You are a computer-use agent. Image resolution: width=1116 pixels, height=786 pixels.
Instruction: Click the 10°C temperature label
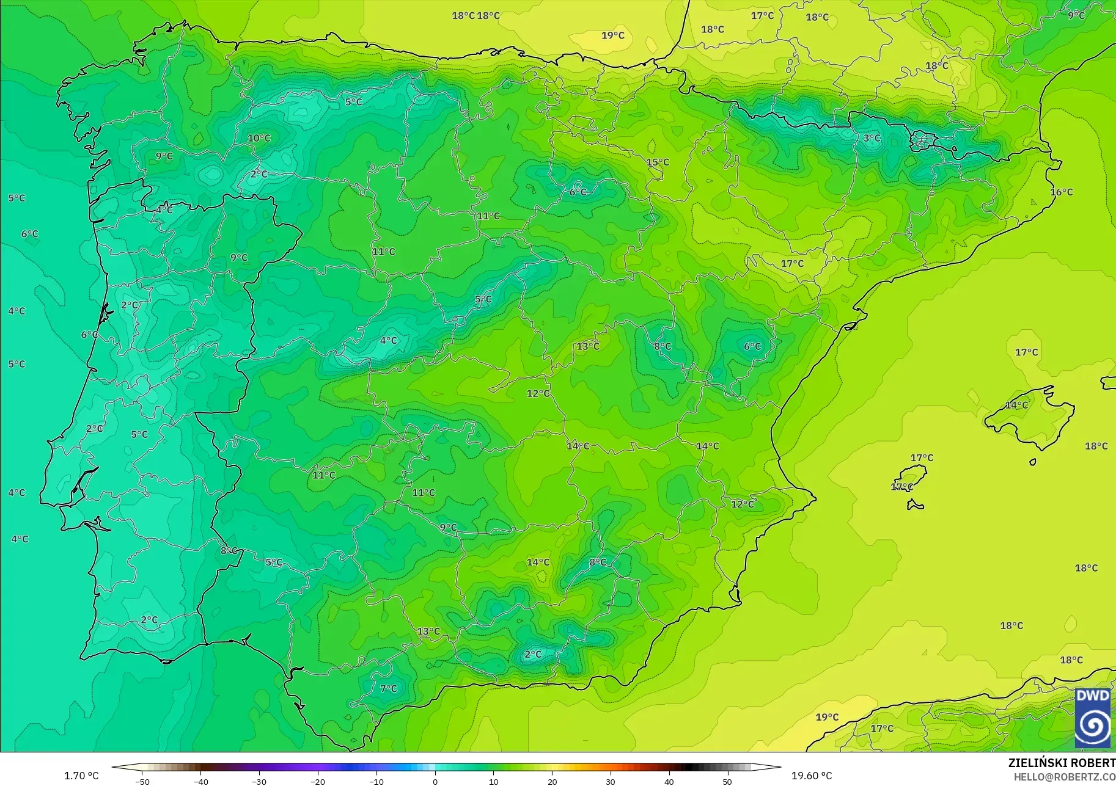[259, 138]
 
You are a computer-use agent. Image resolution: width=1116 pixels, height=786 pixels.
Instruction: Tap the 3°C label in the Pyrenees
[872, 138]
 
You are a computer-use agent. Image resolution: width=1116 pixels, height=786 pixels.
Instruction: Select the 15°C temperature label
[658, 162]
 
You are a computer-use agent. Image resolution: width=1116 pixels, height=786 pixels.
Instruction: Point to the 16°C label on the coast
[1061, 192]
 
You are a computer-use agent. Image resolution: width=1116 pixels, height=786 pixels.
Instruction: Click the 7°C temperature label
[388, 688]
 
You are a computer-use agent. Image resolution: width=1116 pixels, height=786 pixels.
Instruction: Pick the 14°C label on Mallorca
[1016, 405]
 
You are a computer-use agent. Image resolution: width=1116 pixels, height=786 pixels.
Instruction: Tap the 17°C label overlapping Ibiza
[901, 487]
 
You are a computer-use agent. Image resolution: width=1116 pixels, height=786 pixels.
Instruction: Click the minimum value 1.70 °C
[81, 776]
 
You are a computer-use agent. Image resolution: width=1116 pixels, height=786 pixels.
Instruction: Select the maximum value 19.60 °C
[812, 776]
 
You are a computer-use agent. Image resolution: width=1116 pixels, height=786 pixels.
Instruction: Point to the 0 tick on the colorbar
[435, 781]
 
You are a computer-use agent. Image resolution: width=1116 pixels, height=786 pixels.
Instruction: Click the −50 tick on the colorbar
[142, 781]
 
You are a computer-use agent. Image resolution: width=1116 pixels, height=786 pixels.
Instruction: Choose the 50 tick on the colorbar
[727, 781]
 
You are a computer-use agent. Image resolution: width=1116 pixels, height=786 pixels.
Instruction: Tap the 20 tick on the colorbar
[552, 781]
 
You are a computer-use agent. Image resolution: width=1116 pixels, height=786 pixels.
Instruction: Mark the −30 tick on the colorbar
[259, 781]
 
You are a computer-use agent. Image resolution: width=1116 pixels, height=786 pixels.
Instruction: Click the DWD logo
[1093, 718]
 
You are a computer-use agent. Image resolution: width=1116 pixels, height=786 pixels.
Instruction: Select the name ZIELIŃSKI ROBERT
[1062, 763]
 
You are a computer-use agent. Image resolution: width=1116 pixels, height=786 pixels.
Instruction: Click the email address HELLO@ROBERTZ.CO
[1065, 776]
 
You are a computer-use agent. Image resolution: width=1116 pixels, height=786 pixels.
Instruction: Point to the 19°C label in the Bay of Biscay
[612, 35]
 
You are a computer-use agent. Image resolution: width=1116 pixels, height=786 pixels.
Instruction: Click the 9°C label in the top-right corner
[1076, 15]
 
